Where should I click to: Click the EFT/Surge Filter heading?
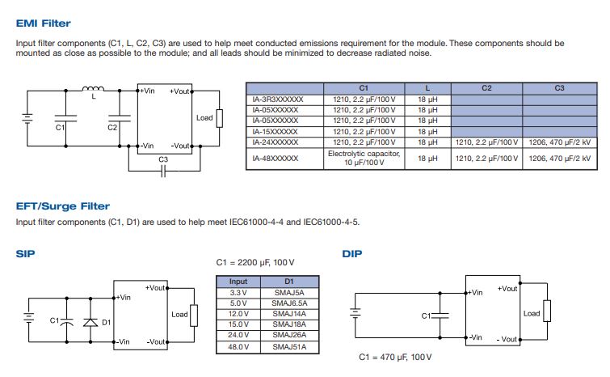click(x=63, y=206)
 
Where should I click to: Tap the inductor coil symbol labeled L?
click(x=94, y=88)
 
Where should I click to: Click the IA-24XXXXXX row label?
click(x=276, y=142)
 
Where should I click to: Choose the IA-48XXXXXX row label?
click(x=276, y=158)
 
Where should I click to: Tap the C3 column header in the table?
click(x=559, y=87)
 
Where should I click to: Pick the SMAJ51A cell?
click(x=289, y=346)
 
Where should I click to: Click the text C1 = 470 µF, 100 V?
click(x=396, y=357)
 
